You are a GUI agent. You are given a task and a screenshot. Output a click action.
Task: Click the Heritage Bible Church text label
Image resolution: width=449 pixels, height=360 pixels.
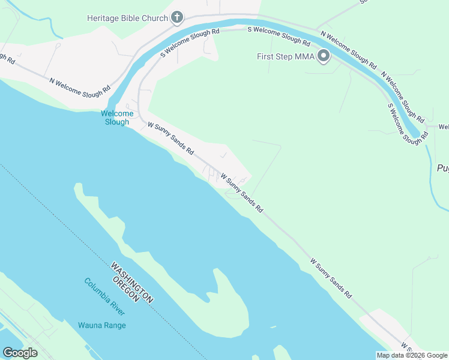click(x=127, y=18)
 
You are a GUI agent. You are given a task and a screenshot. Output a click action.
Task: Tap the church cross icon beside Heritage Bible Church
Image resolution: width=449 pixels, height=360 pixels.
click(x=176, y=17)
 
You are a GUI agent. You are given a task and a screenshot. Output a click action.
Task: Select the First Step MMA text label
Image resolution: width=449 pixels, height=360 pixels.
click(x=286, y=57)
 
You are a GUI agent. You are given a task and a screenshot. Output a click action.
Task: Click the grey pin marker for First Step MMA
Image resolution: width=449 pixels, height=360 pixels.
click(x=324, y=56)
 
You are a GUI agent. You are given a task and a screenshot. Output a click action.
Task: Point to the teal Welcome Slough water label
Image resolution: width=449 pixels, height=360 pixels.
click(x=116, y=118)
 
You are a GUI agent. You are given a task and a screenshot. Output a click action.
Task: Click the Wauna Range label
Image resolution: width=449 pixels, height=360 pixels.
click(x=101, y=325)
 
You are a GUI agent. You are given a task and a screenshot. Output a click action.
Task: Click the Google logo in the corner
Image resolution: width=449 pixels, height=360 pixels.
click(x=20, y=352)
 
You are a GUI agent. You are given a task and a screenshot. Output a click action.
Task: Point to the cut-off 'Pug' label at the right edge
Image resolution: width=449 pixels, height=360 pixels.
click(x=442, y=169)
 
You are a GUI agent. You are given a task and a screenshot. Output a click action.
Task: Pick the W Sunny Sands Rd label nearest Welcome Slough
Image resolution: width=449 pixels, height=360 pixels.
click(x=170, y=137)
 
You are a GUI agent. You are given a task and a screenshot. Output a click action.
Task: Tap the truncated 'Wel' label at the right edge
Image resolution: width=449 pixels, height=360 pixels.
click(x=443, y=127)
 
